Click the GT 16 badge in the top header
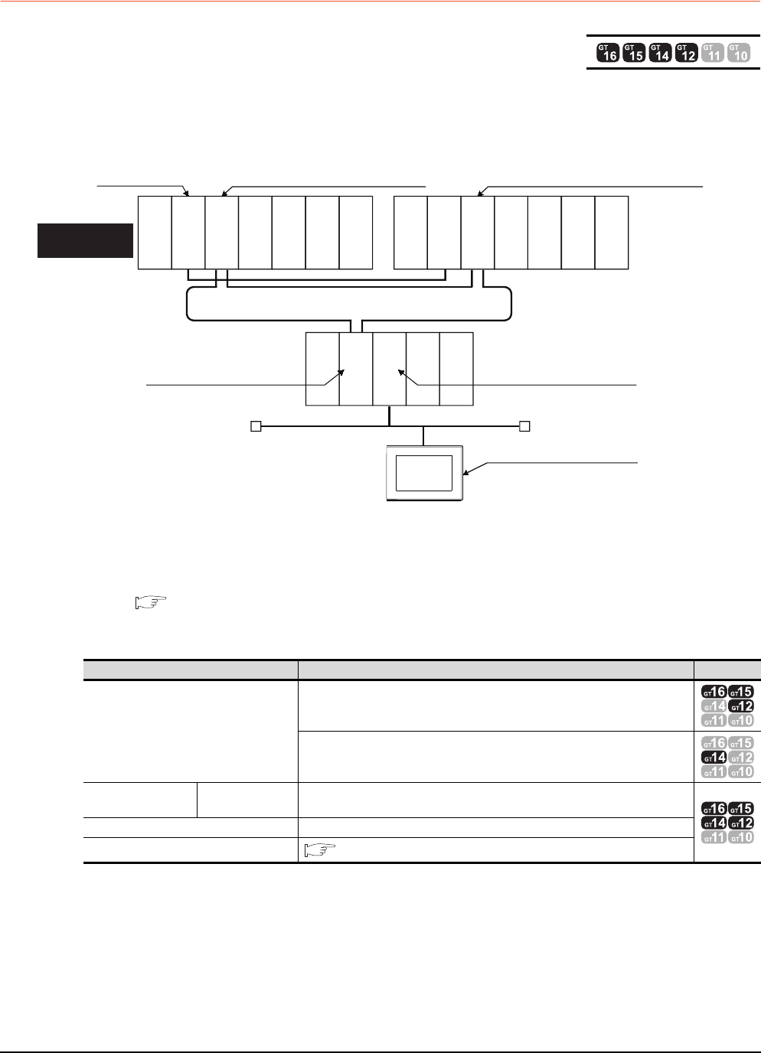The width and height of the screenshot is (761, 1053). [608, 53]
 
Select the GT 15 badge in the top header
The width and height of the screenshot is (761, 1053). [634, 53]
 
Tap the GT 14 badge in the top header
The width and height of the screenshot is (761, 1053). [661, 53]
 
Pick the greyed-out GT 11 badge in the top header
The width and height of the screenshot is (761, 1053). [713, 53]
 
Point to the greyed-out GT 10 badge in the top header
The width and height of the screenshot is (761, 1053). [739, 53]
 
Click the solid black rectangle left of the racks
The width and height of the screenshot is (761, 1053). [85, 241]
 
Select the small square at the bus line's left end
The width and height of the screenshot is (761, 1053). [256, 426]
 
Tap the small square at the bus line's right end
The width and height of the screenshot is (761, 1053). [524, 426]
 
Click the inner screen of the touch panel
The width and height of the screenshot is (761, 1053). [424, 473]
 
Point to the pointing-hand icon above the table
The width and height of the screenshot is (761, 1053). [151, 602]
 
